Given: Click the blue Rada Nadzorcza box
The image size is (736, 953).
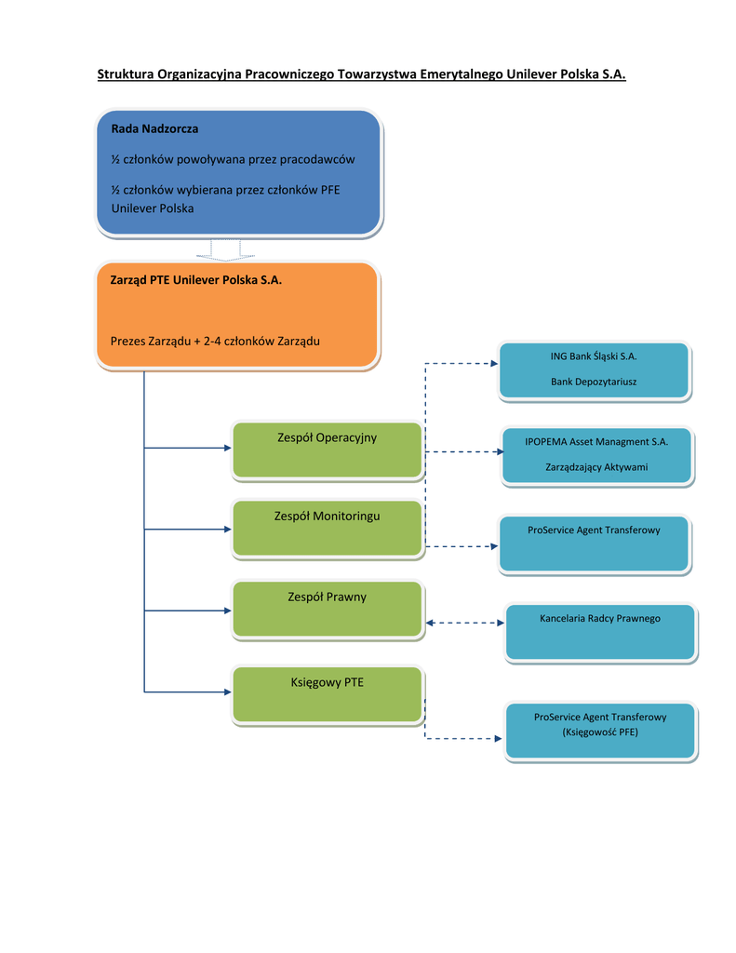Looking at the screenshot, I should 238,172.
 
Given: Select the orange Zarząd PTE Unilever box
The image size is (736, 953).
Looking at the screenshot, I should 237,315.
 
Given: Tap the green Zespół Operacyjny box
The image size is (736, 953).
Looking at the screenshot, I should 328,450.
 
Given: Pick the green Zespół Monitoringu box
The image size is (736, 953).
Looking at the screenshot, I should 328,529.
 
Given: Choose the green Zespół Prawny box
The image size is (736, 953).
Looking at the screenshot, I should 328,610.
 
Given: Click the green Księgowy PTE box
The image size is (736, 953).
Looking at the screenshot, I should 328,694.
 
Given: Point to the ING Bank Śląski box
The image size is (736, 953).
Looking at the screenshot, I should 594,370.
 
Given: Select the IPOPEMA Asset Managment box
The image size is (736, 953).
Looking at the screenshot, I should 596,456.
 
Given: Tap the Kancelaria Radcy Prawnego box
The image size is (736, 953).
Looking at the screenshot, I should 600,632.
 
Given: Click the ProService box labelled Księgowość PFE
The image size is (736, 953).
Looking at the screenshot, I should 600,731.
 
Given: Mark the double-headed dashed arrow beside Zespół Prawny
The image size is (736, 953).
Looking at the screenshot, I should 464,623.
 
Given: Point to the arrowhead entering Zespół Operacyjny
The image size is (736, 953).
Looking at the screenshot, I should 227,448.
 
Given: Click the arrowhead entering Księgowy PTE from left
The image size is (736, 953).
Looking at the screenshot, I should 227,691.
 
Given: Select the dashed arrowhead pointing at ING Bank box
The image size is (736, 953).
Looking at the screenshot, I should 493,363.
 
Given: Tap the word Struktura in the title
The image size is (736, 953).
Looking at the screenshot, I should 126,74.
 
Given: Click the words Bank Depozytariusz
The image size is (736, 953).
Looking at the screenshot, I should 594,382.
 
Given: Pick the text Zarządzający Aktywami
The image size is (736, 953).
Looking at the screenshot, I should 596,467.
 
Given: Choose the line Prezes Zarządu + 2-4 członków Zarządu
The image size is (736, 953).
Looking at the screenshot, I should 215,342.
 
